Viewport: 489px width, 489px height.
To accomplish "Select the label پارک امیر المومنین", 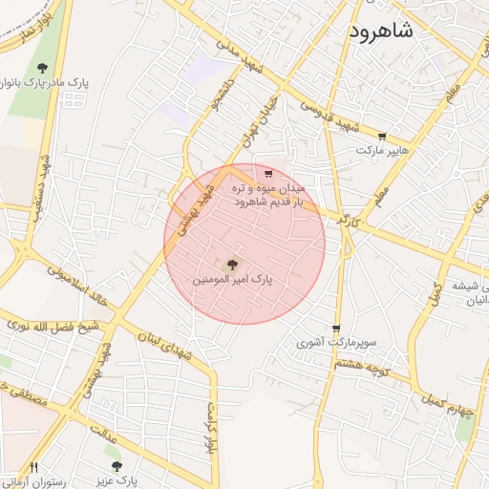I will coord(233,281).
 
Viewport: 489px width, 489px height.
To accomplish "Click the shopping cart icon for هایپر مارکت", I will coord(383,137).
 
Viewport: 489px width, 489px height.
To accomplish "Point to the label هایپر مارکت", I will coord(383,151).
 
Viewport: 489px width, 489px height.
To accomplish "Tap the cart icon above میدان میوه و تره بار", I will coord(268,174).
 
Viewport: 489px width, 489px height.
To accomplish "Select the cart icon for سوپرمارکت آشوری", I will coord(336,326).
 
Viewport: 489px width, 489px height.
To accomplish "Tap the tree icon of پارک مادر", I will coord(42,68).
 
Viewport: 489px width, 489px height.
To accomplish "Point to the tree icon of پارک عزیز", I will coord(117,467).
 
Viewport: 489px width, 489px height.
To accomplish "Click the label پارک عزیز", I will coord(122,481).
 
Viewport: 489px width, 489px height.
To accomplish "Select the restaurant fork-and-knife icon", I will coord(34,467).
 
